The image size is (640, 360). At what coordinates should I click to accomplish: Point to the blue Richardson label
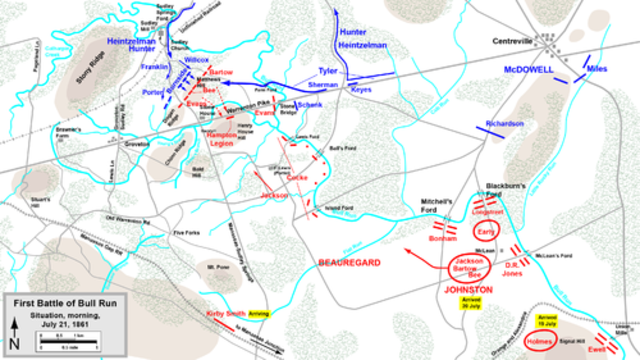(504, 123)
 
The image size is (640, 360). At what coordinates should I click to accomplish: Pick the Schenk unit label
(310, 105)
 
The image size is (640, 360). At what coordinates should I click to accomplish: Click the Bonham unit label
(441, 241)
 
